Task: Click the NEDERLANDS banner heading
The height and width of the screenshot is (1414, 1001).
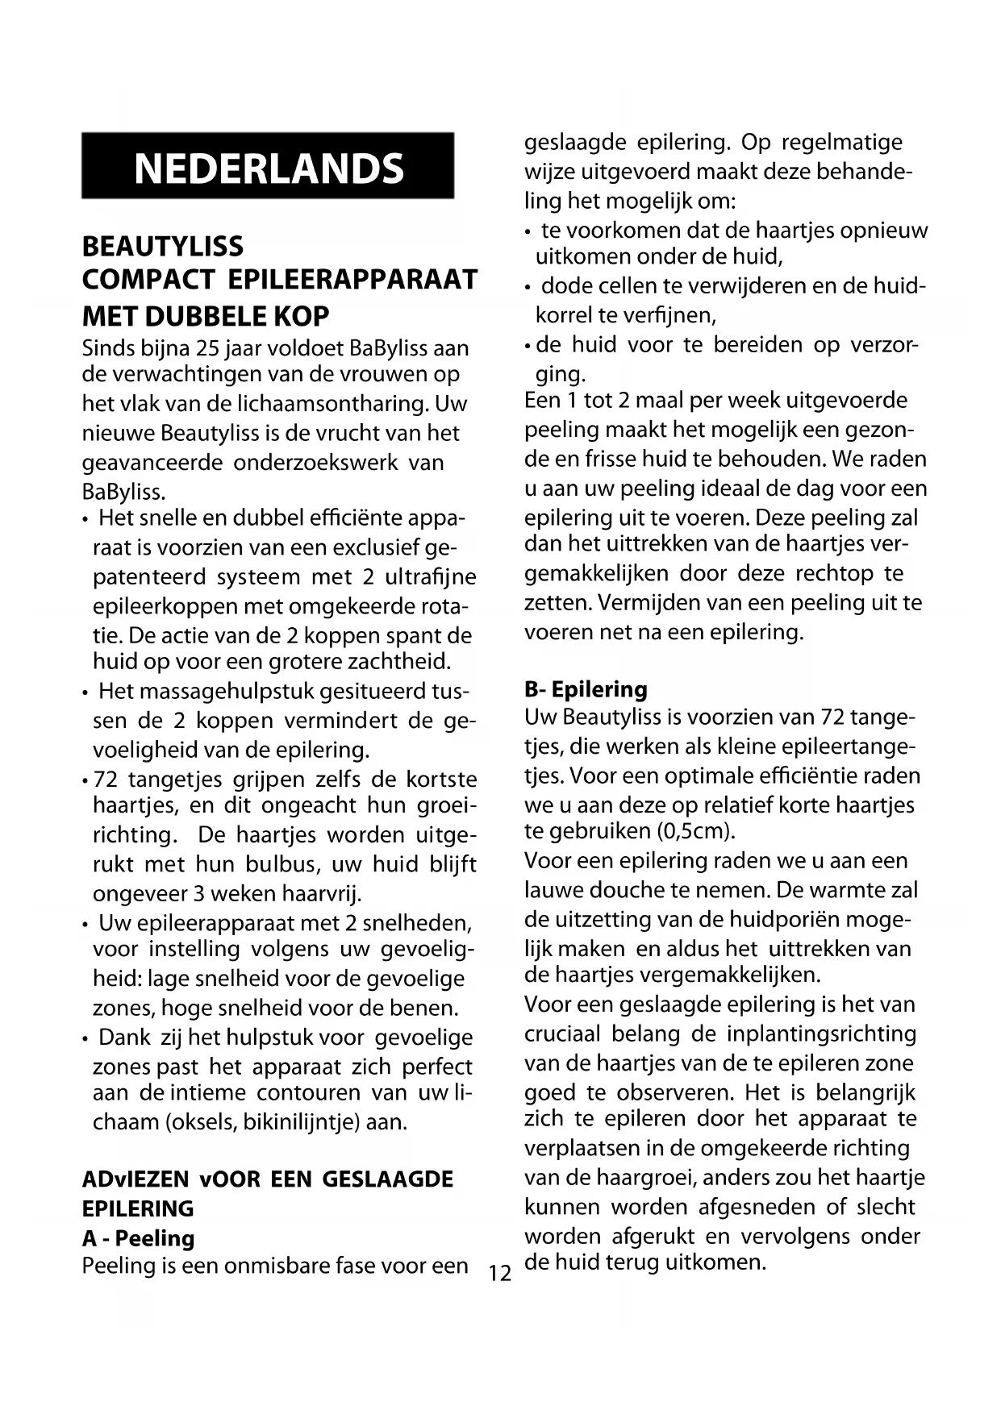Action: (x=269, y=168)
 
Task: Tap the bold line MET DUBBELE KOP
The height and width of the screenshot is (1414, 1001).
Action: (x=206, y=316)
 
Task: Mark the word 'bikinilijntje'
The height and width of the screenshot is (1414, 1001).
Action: (x=302, y=1121)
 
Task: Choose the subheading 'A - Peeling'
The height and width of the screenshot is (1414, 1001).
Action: (x=138, y=1238)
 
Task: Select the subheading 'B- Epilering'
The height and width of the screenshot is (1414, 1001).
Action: (x=586, y=689)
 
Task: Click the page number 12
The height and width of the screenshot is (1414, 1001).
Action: (x=500, y=1274)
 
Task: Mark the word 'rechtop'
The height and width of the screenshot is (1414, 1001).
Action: (x=834, y=573)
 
